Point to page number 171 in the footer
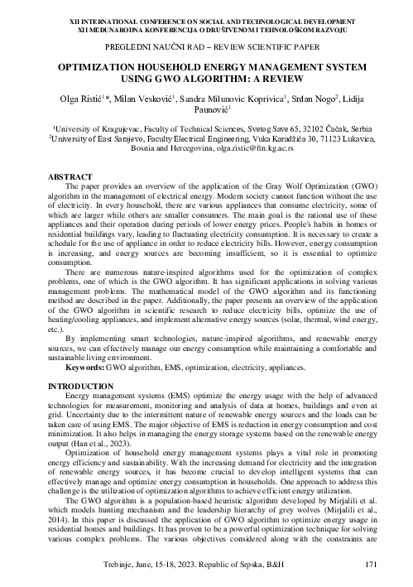tap(372, 565)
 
